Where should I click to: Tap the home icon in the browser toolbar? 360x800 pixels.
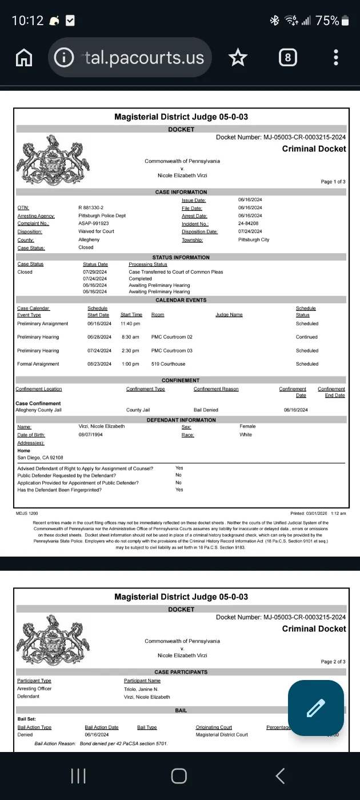click(23, 57)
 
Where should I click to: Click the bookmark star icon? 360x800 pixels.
click(238, 57)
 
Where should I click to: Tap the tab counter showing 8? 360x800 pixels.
click(287, 57)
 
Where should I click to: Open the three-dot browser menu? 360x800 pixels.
click(336, 57)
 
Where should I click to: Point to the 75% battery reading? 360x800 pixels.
click(327, 21)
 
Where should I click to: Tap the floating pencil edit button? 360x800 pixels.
click(315, 708)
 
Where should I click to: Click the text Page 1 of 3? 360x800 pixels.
click(333, 182)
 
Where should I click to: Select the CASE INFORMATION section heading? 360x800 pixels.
click(181, 192)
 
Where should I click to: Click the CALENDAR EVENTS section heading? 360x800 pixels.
click(181, 300)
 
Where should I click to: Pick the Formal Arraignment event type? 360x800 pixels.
click(38, 364)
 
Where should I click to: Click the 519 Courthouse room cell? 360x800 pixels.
click(169, 364)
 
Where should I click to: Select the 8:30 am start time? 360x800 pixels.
click(130, 337)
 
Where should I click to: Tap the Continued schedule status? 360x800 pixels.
click(307, 337)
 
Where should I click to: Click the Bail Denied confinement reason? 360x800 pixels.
click(206, 410)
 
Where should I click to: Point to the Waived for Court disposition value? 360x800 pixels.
click(96, 231)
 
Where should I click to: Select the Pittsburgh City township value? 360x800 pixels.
click(254, 240)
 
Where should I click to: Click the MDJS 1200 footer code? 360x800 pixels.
click(27, 514)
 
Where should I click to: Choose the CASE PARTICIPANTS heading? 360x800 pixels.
click(181, 672)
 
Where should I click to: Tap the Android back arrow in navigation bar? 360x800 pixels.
click(280, 775)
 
